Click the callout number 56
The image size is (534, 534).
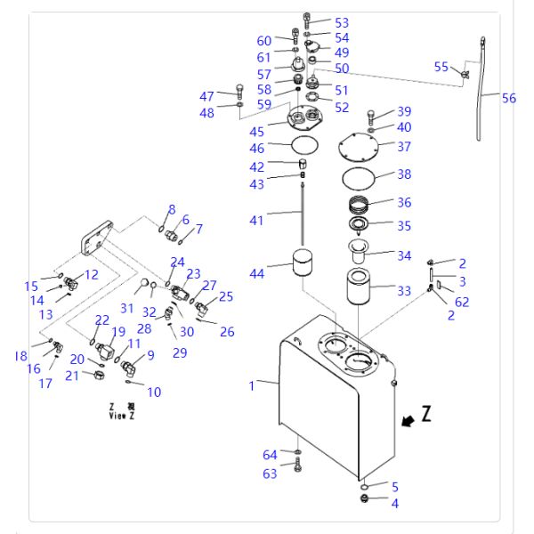tap(508, 99)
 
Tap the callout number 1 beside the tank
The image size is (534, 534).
tap(252, 385)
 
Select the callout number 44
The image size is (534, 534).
tap(257, 274)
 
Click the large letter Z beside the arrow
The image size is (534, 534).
tap(426, 413)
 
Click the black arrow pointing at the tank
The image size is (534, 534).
tap(408, 422)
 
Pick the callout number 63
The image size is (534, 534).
tap(269, 473)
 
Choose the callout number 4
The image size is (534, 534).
tap(395, 504)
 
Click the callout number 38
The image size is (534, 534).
tap(404, 174)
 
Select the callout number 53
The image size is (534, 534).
tap(342, 22)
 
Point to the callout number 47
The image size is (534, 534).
tap(206, 96)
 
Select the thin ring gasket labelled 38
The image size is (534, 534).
tap(366, 176)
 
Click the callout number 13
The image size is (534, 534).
tap(46, 314)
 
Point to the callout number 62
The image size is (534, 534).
tap(462, 302)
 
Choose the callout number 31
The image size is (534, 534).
tap(127, 308)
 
